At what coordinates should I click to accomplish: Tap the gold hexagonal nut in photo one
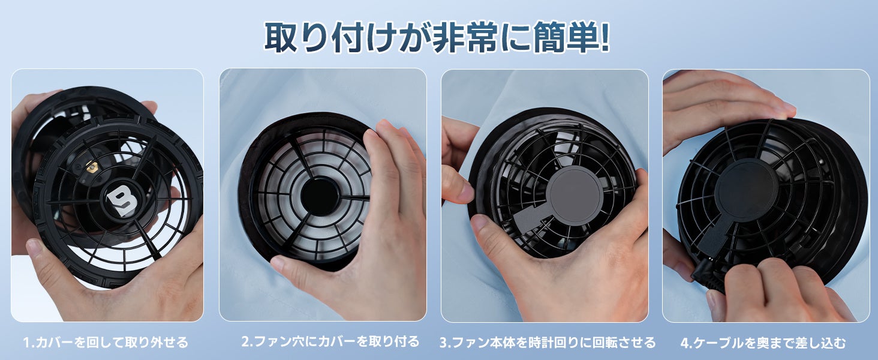(x=92, y=167)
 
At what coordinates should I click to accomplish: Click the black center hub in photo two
(x=320, y=197)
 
